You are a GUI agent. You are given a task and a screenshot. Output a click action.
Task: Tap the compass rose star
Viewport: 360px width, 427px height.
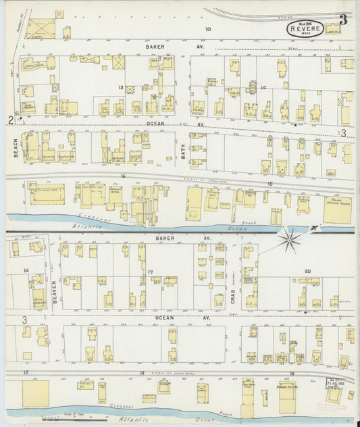[x=290, y=238]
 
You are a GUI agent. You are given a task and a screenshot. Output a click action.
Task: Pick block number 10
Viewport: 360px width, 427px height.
[x=208, y=29]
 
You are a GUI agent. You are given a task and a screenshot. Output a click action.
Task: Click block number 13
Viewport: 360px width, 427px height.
[x=121, y=87]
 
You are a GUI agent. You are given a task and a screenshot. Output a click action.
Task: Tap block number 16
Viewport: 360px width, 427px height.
[x=123, y=176]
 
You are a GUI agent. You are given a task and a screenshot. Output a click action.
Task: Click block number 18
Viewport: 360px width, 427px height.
[x=143, y=372]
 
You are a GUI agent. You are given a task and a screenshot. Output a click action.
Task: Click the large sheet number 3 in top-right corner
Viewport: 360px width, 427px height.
[x=344, y=19]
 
